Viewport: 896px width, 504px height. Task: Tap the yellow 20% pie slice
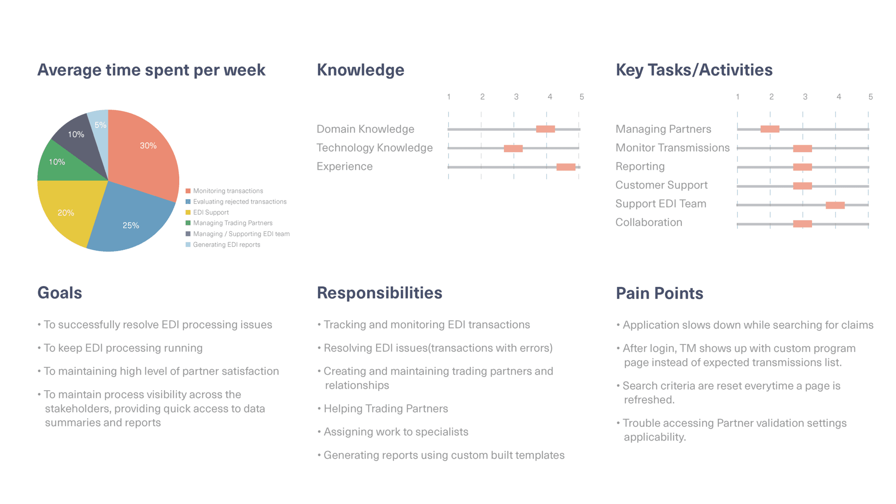tap(68, 210)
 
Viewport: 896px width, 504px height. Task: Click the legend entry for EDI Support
tap(207, 212)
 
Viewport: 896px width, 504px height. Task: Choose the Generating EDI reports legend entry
tap(223, 245)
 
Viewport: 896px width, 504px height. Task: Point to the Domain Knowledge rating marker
tap(546, 129)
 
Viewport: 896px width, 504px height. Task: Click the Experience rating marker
tap(566, 167)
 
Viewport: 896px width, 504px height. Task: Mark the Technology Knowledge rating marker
tap(513, 148)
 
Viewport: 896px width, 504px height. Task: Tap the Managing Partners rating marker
tap(770, 129)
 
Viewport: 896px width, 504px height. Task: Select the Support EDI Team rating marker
tap(835, 205)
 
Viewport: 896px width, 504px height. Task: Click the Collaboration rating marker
tap(803, 224)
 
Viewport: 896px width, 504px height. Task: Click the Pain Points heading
tap(659, 293)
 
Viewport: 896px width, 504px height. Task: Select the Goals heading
tap(60, 293)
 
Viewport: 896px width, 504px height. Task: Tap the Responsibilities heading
tap(379, 293)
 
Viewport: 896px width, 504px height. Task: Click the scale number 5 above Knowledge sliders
tap(581, 97)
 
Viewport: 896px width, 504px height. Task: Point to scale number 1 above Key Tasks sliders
tap(738, 97)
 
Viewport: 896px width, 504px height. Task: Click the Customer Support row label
tap(661, 185)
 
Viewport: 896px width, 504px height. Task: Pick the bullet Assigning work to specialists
tap(393, 432)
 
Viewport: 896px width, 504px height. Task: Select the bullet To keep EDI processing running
tap(120, 348)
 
